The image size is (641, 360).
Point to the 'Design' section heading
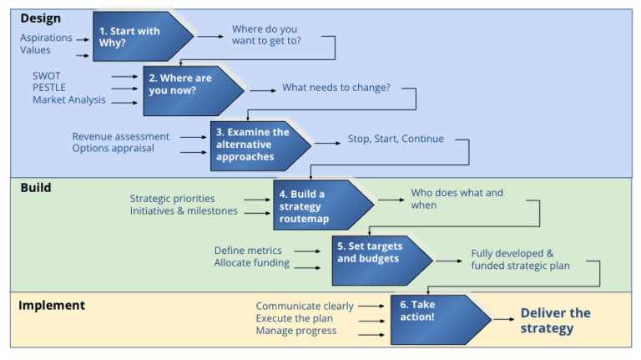(40, 18)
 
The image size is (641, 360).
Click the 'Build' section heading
(36, 188)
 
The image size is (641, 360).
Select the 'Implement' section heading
(52, 305)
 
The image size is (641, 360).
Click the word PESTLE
(50, 88)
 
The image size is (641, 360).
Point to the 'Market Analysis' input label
(69, 100)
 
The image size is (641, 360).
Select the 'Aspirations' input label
(46, 38)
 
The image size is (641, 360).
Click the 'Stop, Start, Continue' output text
(396, 139)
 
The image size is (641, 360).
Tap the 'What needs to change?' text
(336, 88)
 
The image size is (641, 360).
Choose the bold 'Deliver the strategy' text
(555, 321)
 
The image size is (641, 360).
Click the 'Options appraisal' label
(113, 149)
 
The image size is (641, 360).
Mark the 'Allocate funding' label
(252, 263)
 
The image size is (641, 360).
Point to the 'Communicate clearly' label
(305, 307)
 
